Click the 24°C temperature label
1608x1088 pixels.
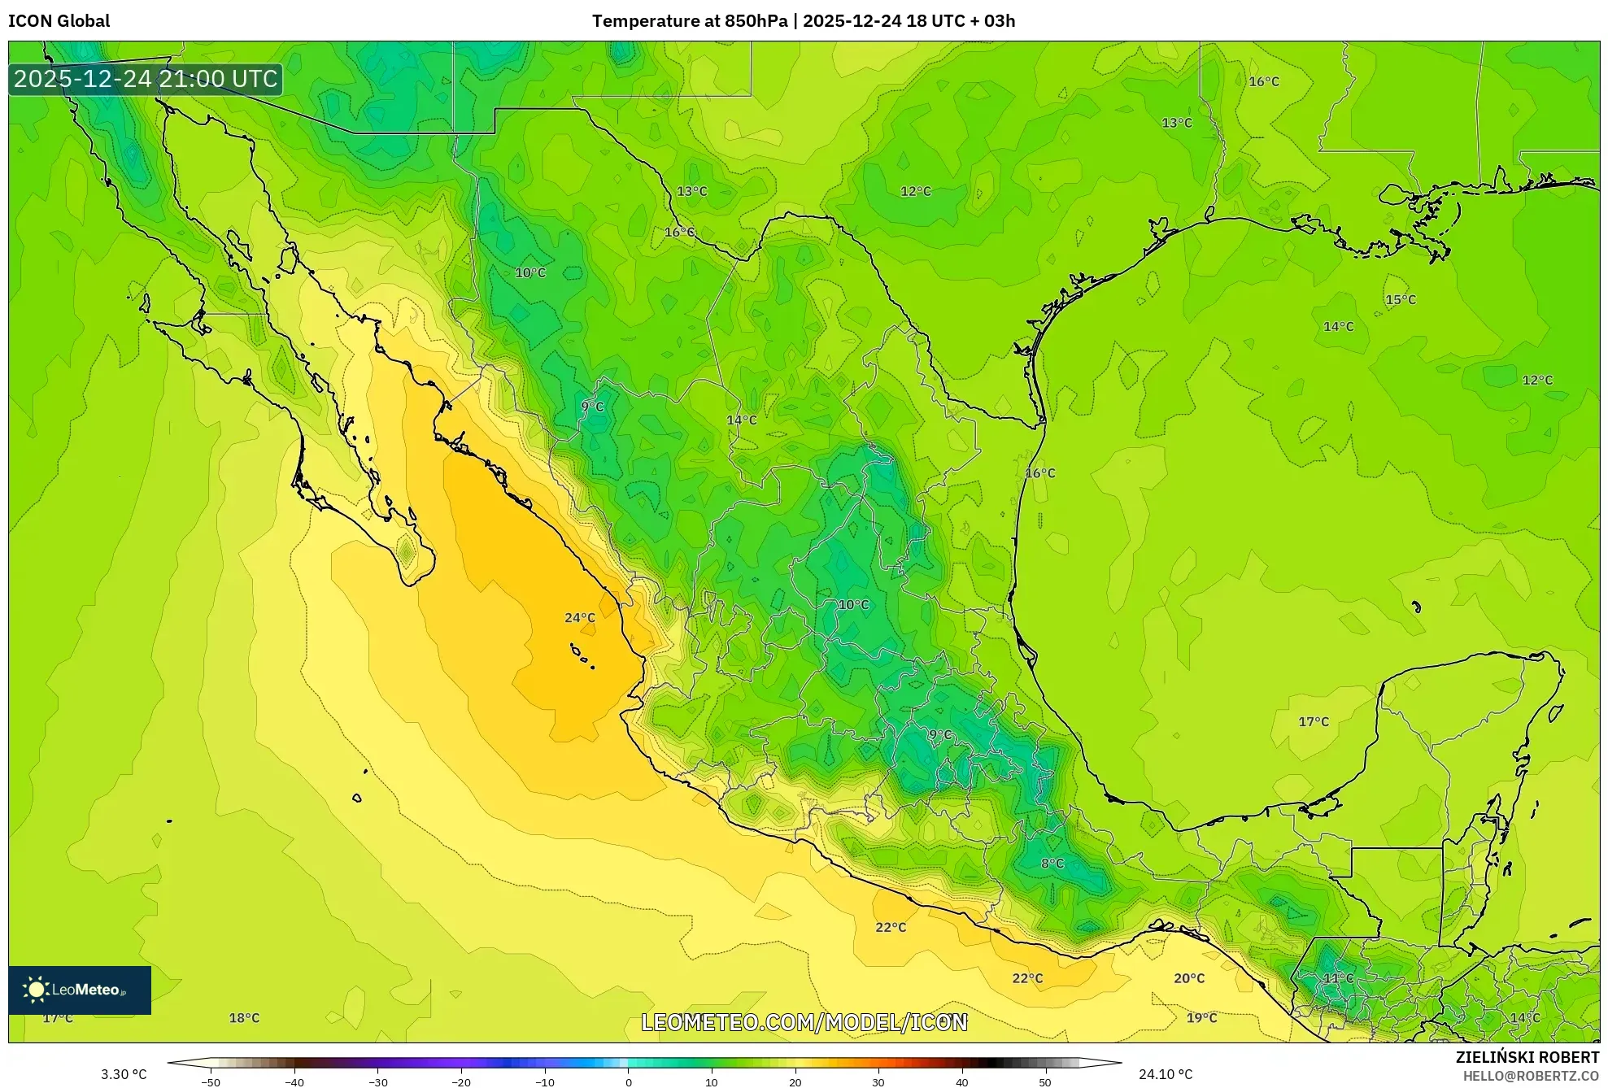pos(579,618)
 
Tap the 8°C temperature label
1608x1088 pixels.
pos(1052,863)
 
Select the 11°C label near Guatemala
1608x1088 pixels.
pos(1338,978)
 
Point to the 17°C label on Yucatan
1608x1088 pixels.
pos(1313,721)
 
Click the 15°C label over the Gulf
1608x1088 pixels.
pos(1400,299)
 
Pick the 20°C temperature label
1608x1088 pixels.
pos(1188,978)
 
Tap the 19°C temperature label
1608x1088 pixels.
pos(1201,1018)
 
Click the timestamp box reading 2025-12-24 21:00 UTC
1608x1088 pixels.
pos(146,79)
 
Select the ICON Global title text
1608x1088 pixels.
pos(59,21)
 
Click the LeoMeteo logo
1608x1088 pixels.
pos(79,990)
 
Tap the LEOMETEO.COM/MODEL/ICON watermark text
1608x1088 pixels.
pos(804,1022)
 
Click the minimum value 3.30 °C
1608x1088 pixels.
pos(124,1074)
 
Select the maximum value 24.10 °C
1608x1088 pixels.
pos(1165,1074)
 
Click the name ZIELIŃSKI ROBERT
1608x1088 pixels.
pos(1527,1057)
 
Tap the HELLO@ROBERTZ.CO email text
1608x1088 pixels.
pos(1531,1076)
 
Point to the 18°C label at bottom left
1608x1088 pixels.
pos(243,1018)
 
